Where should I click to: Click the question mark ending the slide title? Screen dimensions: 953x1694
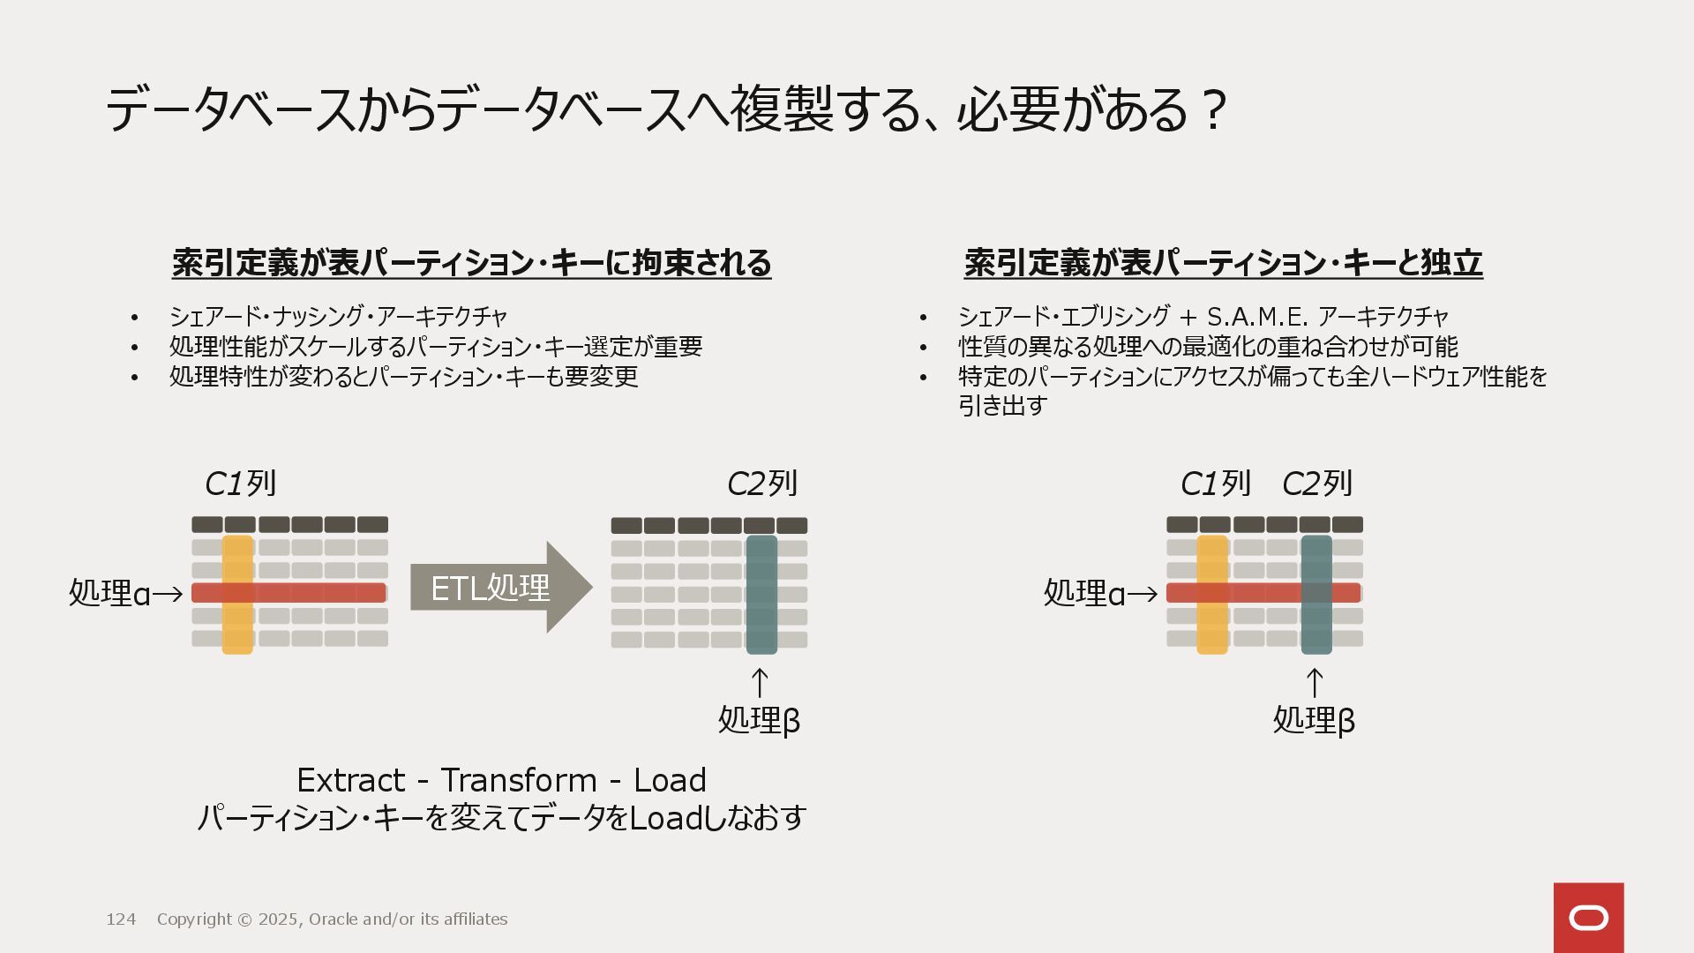click(x=1214, y=110)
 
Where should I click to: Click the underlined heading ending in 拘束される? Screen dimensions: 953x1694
click(x=471, y=263)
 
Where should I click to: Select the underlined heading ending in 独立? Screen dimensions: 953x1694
click(x=1223, y=263)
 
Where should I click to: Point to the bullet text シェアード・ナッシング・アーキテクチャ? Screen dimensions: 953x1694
click(x=338, y=316)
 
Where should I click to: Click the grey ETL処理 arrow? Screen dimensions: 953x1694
click(x=499, y=588)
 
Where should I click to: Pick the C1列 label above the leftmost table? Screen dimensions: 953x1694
click(x=240, y=484)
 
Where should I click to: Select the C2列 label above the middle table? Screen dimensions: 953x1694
click(x=762, y=484)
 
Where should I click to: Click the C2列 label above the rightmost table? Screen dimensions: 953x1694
click(x=1316, y=484)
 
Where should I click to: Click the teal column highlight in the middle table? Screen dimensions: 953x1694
click(x=761, y=618)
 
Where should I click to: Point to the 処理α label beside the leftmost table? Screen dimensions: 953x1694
click(x=110, y=593)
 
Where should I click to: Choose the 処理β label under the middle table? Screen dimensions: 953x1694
click(x=759, y=720)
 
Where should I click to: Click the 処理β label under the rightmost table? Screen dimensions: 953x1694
click(x=1314, y=720)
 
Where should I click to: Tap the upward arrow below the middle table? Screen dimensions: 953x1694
click(x=760, y=683)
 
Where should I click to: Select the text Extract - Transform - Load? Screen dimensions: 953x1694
click(x=501, y=780)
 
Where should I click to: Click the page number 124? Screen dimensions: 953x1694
click(x=121, y=919)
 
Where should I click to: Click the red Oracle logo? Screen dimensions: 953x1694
click(x=1588, y=918)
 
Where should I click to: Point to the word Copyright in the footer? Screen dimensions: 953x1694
click(x=194, y=919)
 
